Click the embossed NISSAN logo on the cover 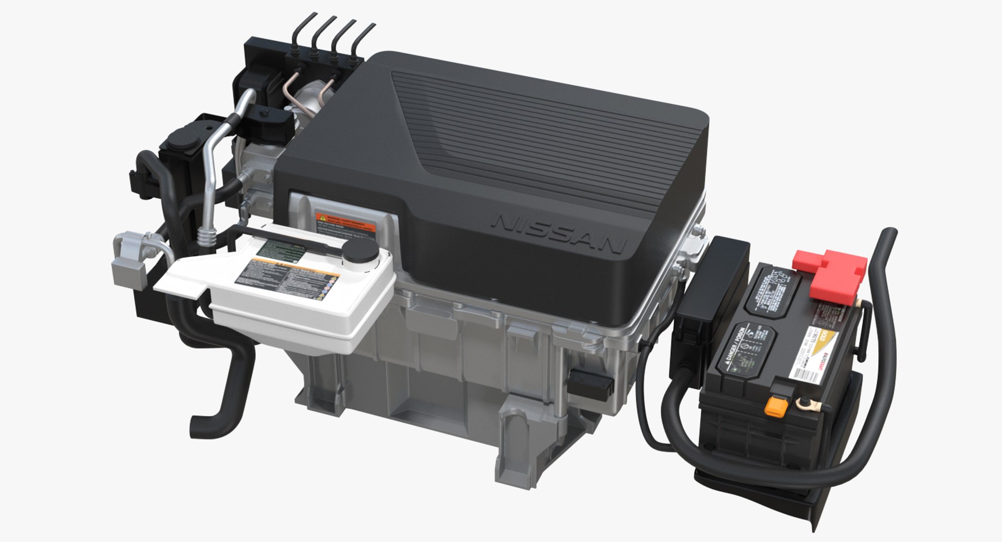tap(559, 234)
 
